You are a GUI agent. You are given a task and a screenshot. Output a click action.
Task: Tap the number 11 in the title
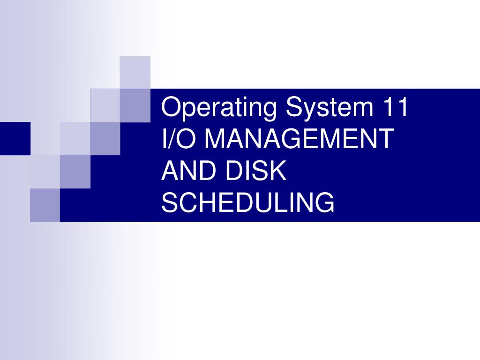[x=396, y=108]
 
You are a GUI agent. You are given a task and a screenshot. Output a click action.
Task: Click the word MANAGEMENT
[x=299, y=140]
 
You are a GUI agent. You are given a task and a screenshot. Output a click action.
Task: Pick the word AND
[x=185, y=171]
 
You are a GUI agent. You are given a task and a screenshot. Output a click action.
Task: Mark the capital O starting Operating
[x=170, y=108]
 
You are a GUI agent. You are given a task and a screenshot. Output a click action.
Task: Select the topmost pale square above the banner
[x=135, y=72]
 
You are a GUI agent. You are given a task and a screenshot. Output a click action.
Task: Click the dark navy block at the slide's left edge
[x=15, y=138]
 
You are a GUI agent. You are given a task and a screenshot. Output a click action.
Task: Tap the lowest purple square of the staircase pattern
[x=45, y=205]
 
